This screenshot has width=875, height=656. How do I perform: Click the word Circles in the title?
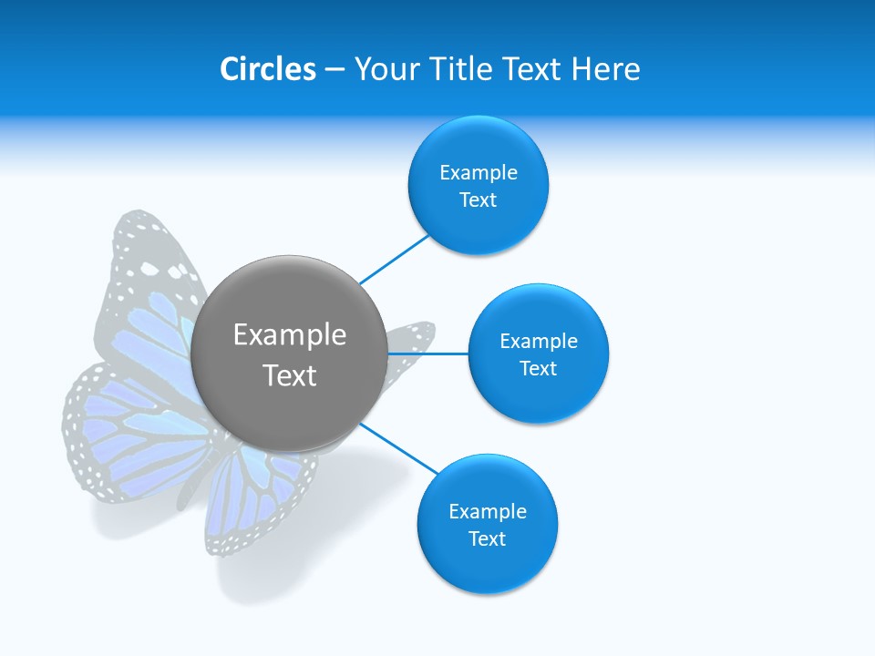point(267,69)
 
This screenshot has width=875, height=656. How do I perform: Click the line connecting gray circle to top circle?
point(394,260)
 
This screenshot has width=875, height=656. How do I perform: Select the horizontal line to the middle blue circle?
point(427,354)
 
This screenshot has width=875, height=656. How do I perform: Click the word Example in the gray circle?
point(289,335)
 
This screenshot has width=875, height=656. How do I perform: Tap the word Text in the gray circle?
point(289,375)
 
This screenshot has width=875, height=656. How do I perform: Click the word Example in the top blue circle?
point(478,173)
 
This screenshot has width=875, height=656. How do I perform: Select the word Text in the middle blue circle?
point(538,369)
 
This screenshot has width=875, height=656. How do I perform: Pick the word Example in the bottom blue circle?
point(487,512)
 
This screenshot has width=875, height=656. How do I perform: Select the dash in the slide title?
point(334,70)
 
